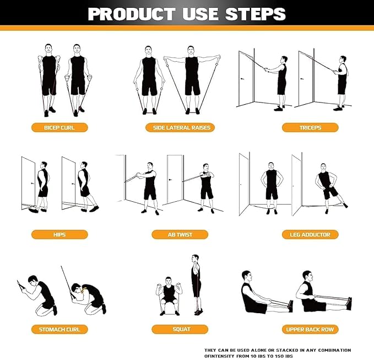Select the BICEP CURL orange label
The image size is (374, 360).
(x=59, y=128)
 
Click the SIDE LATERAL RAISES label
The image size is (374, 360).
(x=181, y=128)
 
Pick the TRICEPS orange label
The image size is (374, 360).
(x=310, y=128)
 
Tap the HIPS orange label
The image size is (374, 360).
(x=59, y=234)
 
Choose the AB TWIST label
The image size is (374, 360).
(x=180, y=234)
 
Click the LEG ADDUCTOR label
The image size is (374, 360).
(x=310, y=234)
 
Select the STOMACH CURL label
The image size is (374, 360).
(x=59, y=330)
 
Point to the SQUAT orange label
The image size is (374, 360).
(x=180, y=330)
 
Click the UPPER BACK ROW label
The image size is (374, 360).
(x=310, y=330)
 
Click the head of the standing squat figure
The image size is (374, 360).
(x=195, y=258)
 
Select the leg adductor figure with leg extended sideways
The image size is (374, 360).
(x=327, y=187)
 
